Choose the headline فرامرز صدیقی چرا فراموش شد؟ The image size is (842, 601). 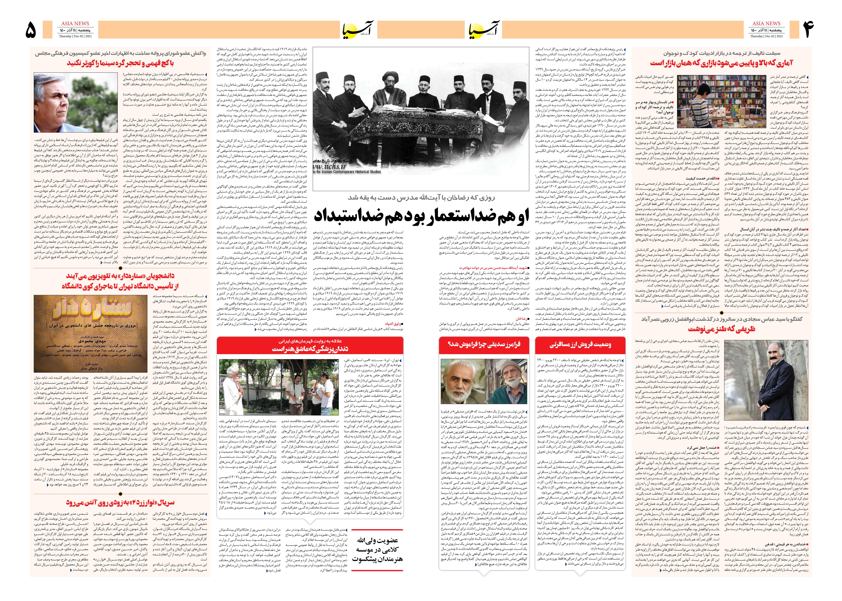[484, 345]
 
